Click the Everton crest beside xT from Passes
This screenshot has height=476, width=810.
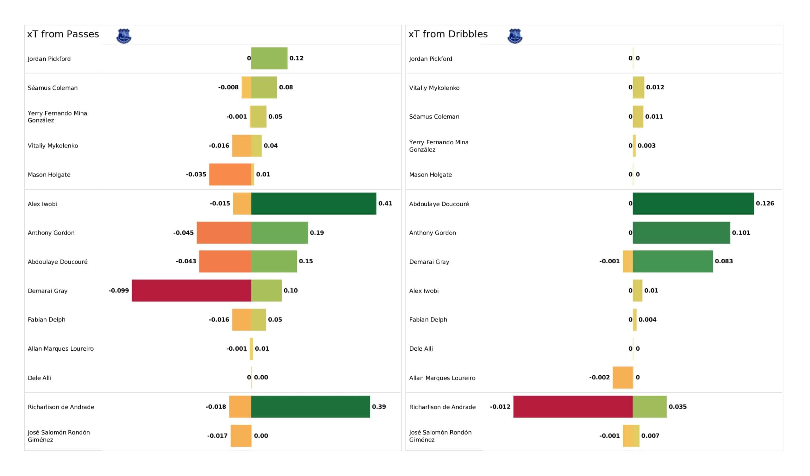(124, 36)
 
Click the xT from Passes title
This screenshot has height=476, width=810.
(63, 34)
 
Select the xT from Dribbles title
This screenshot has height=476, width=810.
(448, 34)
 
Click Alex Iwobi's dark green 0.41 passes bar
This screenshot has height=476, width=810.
(313, 204)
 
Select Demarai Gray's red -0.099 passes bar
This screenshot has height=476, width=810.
(191, 291)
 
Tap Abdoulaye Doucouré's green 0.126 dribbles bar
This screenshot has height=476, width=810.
(693, 204)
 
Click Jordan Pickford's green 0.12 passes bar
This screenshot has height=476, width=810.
(269, 58)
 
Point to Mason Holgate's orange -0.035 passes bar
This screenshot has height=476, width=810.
(230, 174)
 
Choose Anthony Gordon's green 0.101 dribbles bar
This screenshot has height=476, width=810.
(681, 233)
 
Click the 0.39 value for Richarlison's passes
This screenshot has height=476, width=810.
(379, 406)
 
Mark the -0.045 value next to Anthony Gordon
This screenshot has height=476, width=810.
(183, 233)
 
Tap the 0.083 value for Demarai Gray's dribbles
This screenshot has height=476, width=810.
(724, 261)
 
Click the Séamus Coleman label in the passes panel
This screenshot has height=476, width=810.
(53, 88)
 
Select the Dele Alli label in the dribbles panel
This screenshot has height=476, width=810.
(421, 349)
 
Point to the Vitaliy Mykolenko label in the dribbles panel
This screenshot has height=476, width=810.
(434, 88)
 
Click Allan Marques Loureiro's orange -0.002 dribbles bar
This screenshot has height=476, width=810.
(623, 377)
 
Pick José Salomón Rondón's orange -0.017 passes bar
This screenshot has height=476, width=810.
(241, 435)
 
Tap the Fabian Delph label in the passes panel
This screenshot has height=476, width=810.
(46, 319)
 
